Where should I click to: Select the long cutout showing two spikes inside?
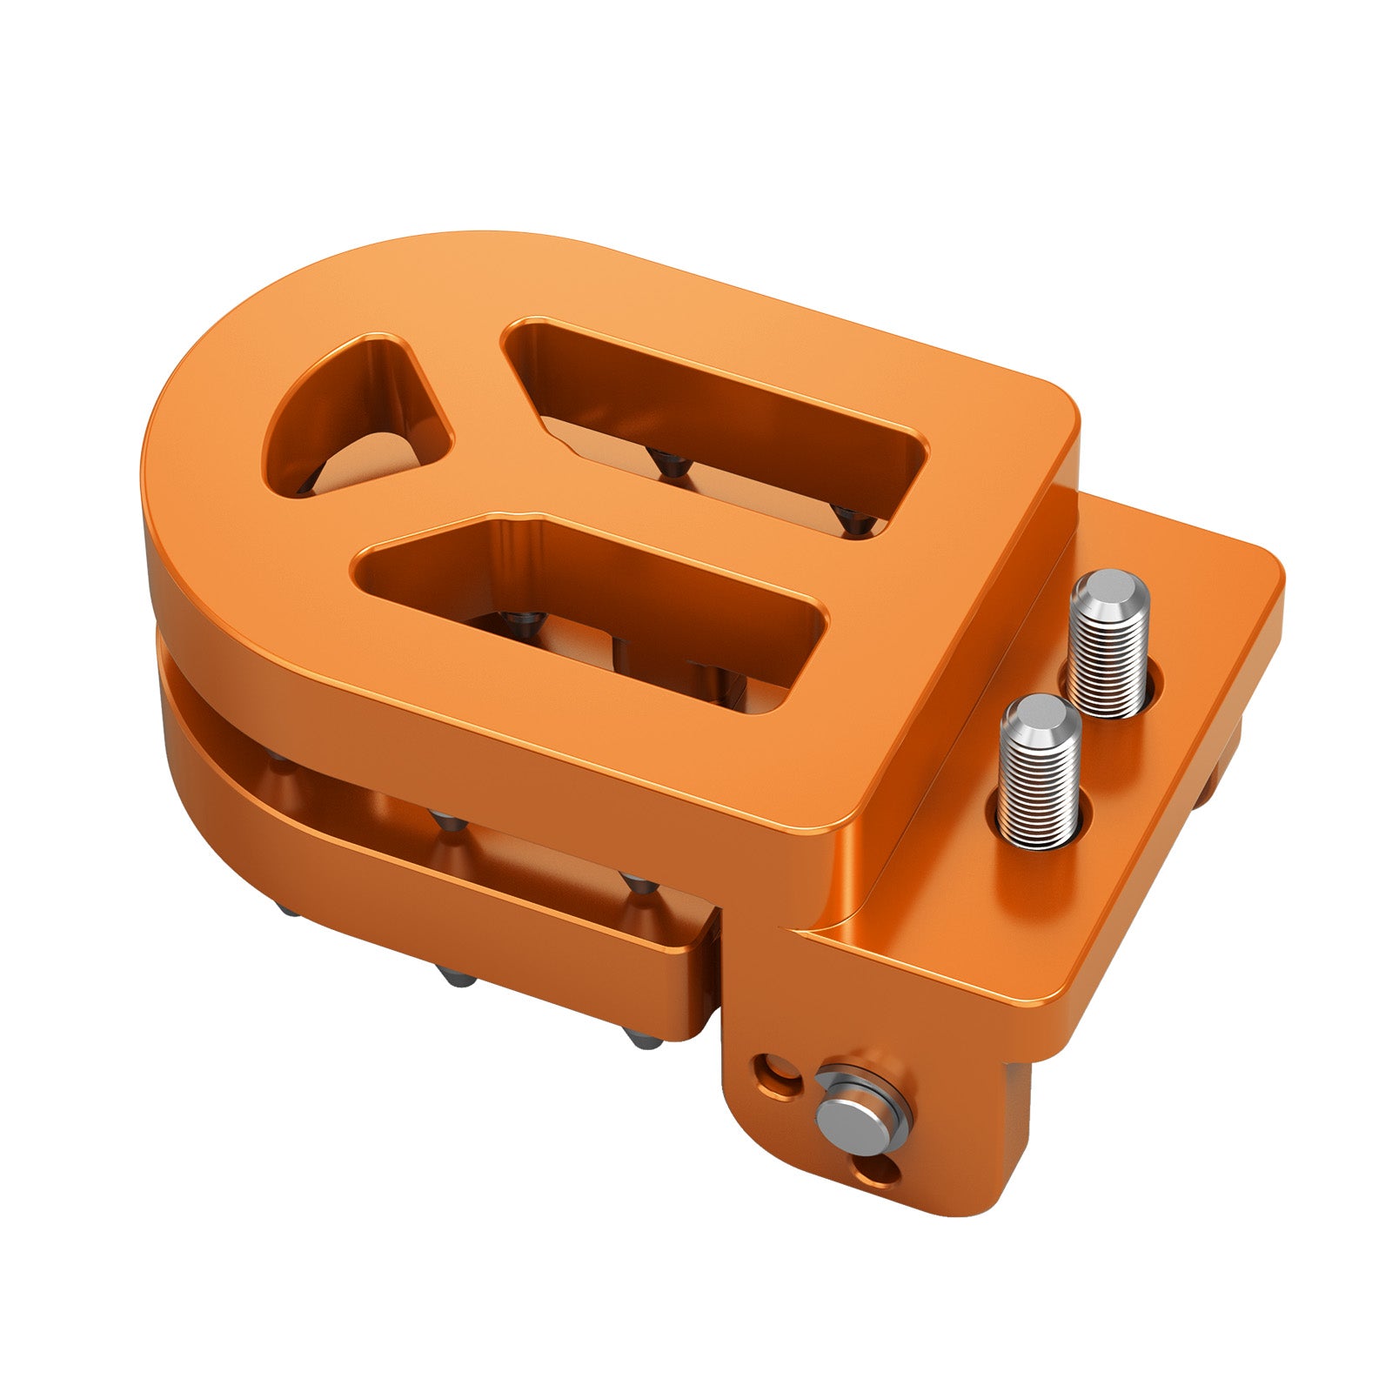713,418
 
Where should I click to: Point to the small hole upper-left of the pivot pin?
771,1069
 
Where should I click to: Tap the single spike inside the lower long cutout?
523,623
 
